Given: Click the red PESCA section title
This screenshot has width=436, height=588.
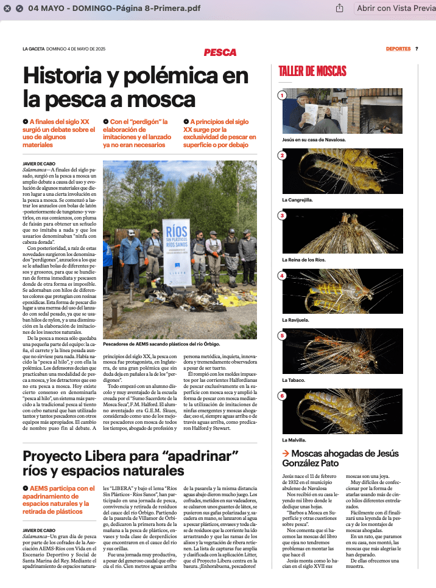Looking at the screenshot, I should [x=220, y=52].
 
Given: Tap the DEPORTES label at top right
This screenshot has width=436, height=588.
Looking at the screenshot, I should [x=398, y=49].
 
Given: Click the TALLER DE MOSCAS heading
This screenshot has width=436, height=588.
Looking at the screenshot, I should [x=312, y=71].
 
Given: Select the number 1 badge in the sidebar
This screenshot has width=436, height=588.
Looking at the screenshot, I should [x=282, y=95].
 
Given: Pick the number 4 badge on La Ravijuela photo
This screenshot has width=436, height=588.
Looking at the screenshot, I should [x=282, y=275].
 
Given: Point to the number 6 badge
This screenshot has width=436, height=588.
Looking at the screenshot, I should [x=282, y=396].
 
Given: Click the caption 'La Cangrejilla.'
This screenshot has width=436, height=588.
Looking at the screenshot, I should [x=297, y=199].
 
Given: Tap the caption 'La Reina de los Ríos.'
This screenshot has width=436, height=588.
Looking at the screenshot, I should [x=304, y=260].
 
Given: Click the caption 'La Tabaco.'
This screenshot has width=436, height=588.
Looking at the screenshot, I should [x=294, y=380].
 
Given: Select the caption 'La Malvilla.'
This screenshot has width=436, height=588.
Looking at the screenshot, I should [x=295, y=440].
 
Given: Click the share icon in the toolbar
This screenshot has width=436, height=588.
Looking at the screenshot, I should [x=340, y=9].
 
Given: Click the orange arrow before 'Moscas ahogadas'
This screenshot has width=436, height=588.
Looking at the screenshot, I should [x=285, y=454].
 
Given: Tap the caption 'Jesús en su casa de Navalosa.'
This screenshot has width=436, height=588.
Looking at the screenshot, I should [x=314, y=140].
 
